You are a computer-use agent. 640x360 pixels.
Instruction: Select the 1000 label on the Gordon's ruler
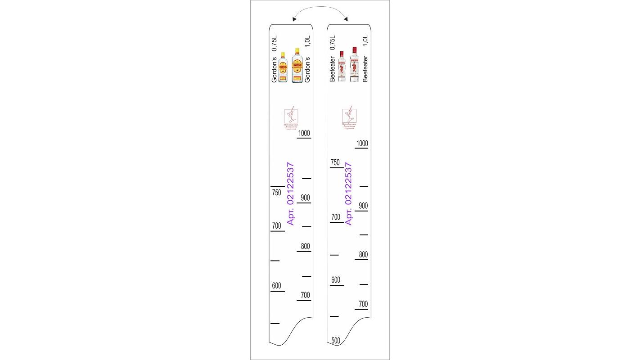[304, 133]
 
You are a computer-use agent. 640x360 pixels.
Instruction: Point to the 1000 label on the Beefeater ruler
[362, 144]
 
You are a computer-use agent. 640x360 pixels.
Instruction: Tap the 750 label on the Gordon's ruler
[276, 193]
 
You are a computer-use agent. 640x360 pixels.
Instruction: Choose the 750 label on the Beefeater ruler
[335, 162]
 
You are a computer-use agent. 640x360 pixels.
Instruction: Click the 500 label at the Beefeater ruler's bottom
[336, 341]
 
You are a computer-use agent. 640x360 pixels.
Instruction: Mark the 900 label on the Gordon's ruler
[305, 198]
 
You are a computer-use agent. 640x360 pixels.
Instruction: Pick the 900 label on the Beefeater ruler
[363, 206]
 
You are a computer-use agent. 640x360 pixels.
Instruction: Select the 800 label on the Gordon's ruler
[305, 247]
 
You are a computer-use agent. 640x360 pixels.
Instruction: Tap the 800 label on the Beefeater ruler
[363, 255]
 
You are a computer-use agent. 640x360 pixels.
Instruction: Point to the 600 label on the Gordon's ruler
[276, 286]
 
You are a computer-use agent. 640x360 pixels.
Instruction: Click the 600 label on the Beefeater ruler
[336, 280]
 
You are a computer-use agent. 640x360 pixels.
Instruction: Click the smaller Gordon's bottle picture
[283, 67]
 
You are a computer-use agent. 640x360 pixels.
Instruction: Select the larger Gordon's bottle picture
[296, 66]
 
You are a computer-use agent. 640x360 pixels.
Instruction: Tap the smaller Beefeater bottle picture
[342, 67]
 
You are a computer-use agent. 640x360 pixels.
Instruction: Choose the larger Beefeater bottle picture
[354, 65]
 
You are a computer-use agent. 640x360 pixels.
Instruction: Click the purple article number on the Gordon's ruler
[291, 193]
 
